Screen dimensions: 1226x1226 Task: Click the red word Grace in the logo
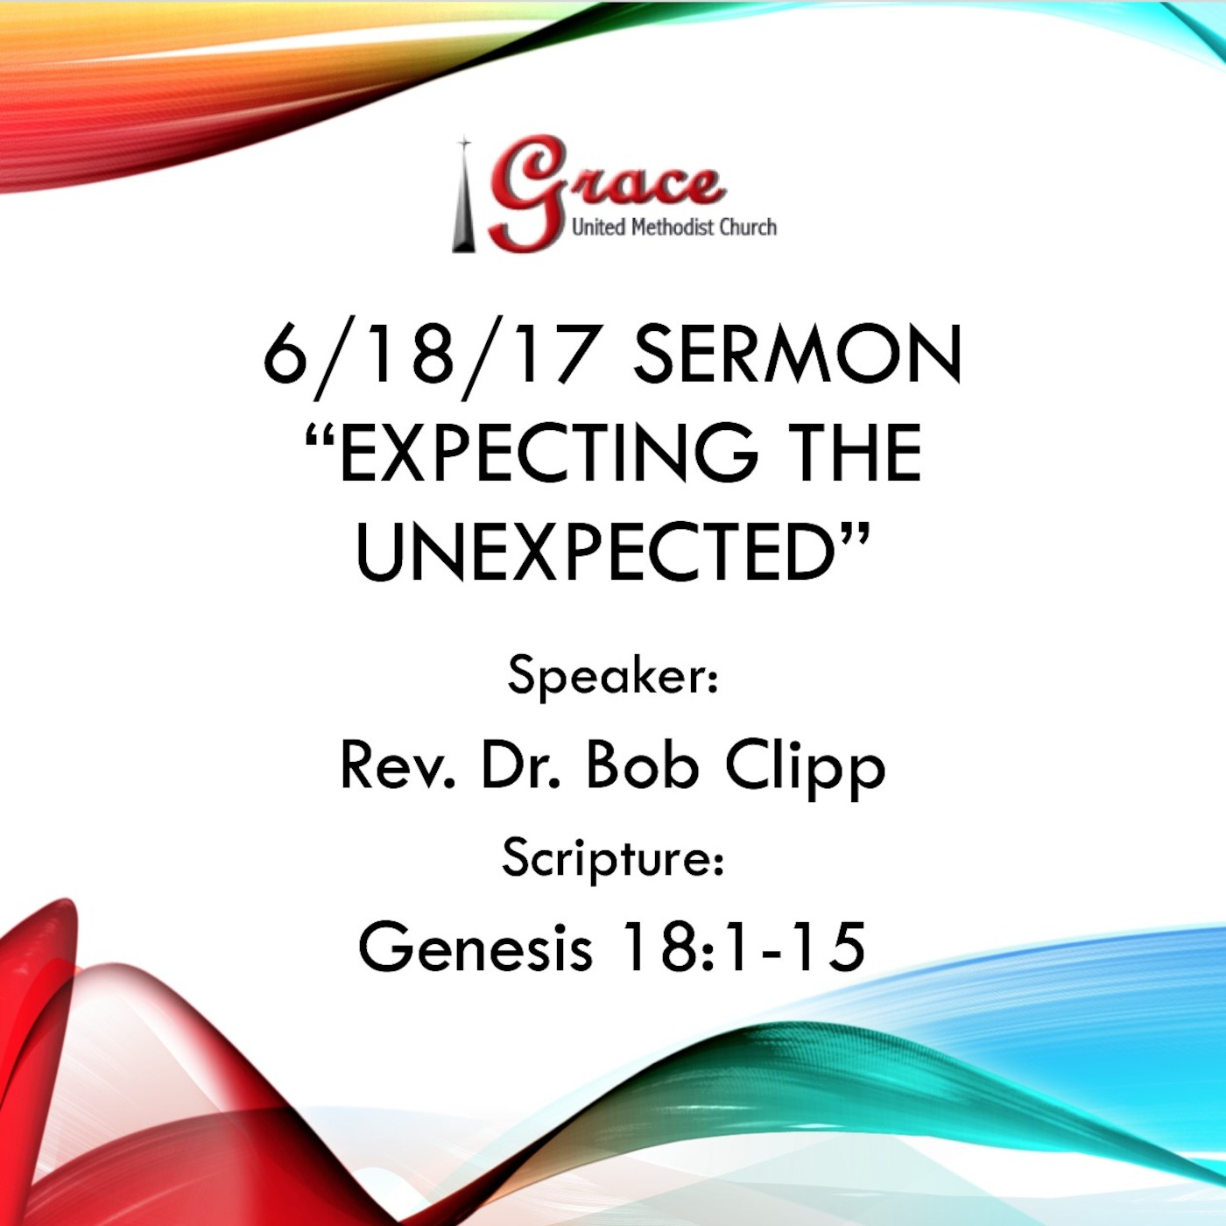(604, 188)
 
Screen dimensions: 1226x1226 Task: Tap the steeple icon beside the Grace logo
(464, 197)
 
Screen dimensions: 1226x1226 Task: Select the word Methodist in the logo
(673, 228)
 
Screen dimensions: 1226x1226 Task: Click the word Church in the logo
(748, 228)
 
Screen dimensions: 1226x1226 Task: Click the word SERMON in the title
(797, 355)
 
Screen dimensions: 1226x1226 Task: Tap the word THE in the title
(853, 453)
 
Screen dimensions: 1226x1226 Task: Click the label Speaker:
(613, 676)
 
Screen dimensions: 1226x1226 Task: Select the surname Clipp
(805, 767)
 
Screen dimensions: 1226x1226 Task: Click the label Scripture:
(613, 858)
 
